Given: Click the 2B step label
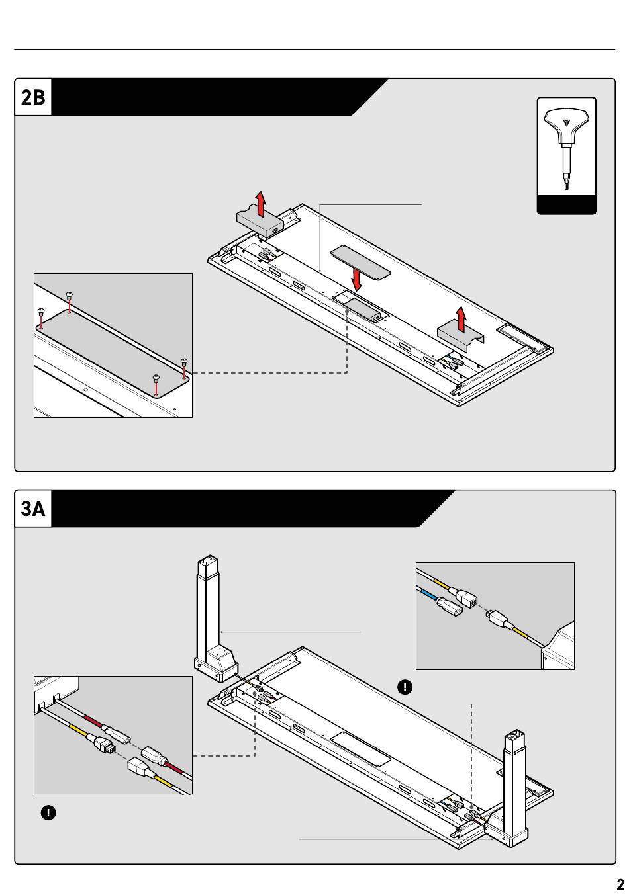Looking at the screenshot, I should pos(33,97).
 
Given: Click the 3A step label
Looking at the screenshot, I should pos(33,509).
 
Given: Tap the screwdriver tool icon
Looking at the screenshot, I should pos(566,149).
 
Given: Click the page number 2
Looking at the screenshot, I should pos(620,885).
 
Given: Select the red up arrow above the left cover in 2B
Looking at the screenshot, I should pos(261,204).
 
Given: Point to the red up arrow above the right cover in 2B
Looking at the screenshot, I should pos(461,318).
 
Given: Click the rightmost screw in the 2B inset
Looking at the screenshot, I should pos(184,361).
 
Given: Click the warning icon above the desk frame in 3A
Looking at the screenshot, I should pos(405,687).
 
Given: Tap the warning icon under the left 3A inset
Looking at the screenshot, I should pos(48,813).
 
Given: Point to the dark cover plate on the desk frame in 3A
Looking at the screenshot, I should pos(361,749).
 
